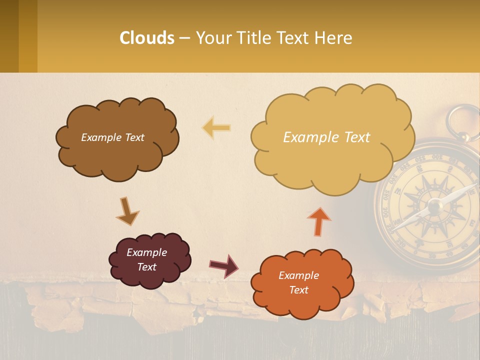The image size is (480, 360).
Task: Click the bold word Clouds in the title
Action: (147, 38)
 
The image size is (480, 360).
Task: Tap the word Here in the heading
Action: (334, 38)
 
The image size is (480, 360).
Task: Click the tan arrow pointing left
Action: (216, 128)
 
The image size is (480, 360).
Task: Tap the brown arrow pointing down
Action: (127, 211)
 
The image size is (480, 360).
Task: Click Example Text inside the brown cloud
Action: (112, 137)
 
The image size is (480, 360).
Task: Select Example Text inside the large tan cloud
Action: (326, 137)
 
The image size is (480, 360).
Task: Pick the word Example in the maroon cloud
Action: (146, 252)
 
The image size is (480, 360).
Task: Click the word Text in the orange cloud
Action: (298, 290)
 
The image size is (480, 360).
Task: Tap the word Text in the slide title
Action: (294, 38)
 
